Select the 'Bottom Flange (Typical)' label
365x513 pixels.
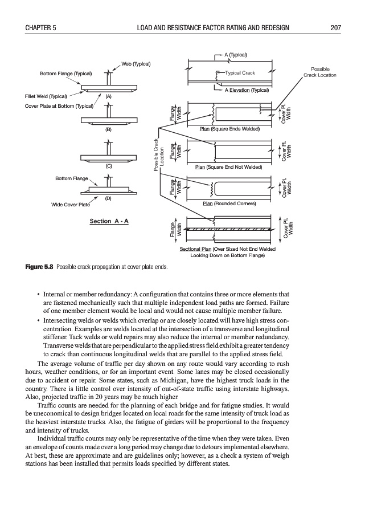(66, 74)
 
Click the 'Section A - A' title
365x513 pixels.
(109, 220)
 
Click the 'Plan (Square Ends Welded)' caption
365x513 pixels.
(229, 129)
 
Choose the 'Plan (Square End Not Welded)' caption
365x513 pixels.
(228, 167)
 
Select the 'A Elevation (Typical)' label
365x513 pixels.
(247, 89)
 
